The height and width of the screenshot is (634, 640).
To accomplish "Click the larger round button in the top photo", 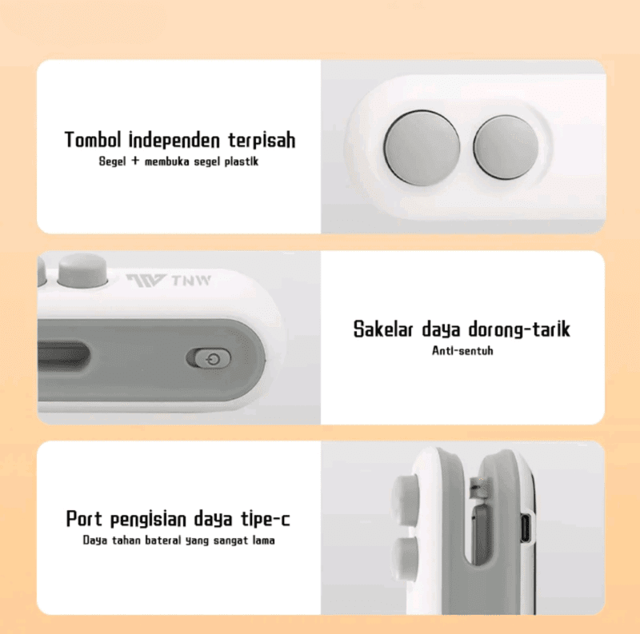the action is click(x=422, y=148).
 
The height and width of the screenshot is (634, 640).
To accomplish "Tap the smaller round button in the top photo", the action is click(x=506, y=147).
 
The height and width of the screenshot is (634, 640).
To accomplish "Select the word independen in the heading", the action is click(x=174, y=140).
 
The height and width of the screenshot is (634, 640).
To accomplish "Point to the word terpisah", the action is click(x=262, y=141).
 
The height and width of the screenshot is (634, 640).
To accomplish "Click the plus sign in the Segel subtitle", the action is click(x=135, y=161).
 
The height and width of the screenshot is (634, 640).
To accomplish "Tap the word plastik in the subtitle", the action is click(x=242, y=161).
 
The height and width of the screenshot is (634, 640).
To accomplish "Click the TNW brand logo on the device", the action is click(x=168, y=281).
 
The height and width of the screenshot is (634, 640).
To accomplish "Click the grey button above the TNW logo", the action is click(x=82, y=270).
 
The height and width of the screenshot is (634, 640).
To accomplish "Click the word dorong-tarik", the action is click(x=518, y=329).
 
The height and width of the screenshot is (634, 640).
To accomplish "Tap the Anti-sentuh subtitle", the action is click(x=462, y=350).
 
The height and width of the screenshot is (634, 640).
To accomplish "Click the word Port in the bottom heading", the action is click(x=85, y=519).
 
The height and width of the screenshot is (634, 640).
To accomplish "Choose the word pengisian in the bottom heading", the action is click(x=149, y=520).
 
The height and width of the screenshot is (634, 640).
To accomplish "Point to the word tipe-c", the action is click(x=266, y=519).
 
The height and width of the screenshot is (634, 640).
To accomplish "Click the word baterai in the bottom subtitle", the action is click(x=163, y=540).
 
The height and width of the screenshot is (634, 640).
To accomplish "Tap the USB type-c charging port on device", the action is click(x=526, y=528).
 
